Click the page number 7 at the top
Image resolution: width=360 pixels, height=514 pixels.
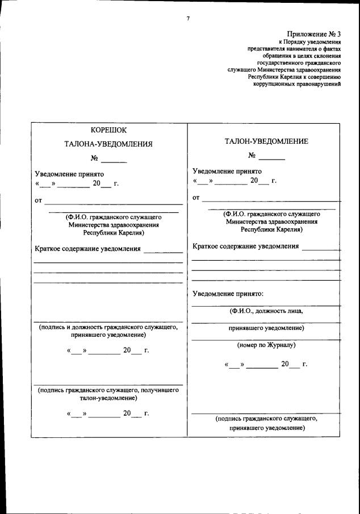click(x=188, y=19)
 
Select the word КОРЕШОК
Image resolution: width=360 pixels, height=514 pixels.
click(x=108, y=130)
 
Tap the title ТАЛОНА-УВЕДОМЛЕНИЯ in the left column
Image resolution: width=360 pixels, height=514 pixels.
click(x=108, y=144)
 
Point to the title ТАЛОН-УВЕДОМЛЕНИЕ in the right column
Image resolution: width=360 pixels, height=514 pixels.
click(x=266, y=141)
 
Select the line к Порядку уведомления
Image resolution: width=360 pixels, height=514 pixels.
click(x=309, y=42)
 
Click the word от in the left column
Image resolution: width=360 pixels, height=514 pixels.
click(x=39, y=200)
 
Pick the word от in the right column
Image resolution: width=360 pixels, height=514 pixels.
click(x=196, y=198)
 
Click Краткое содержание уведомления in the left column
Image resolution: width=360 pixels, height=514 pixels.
click(x=87, y=249)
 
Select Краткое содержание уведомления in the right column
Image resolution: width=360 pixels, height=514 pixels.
click(x=246, y=246)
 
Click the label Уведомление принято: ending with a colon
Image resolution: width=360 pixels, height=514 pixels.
click(x=228, y=294)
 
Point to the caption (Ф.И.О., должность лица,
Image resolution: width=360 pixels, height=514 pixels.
click(x=266, y=311)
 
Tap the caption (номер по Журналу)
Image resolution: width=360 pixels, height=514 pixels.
click(x=266, y=345)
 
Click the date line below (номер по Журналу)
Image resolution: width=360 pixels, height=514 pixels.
click(x=266, y=364)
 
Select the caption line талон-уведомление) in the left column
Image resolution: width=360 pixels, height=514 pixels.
click(x=108, y=398)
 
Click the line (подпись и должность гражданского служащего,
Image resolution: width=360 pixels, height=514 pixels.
click(x=108, y=328)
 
